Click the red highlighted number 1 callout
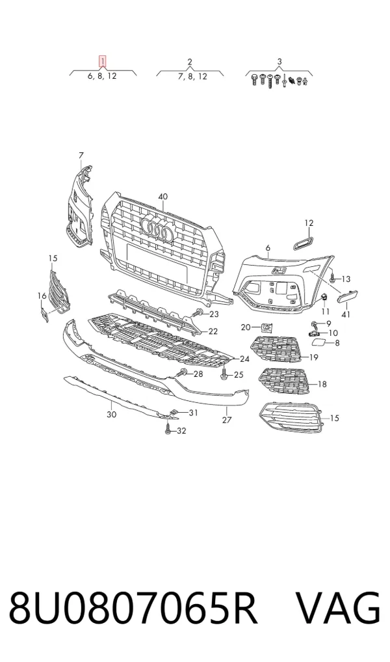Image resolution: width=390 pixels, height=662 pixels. (x=102, y=62)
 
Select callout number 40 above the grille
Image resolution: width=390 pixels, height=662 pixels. (x=162, y=197)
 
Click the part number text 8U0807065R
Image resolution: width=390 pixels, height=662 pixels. (x=133, y=608)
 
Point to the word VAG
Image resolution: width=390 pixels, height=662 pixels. (x=338, y=608)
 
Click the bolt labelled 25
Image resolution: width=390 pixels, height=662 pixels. (x=224, y=373)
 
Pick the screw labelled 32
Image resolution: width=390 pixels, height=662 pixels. (x=168, y=430)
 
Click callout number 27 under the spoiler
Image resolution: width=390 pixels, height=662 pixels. (x=227, y=420)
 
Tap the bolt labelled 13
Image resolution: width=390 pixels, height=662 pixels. (x=331, y=278)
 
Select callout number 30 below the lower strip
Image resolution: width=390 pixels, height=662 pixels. (x=111, y=415)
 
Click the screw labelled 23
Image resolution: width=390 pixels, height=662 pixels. (x=198, y=314)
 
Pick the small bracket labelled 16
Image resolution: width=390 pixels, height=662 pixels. (x=44, y=314)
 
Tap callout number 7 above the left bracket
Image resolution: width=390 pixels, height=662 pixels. (x=81, y=156)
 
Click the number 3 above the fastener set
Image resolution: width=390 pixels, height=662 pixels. (x=279, y=62)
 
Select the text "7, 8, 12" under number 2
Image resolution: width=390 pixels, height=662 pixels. (x=192, y=76)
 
